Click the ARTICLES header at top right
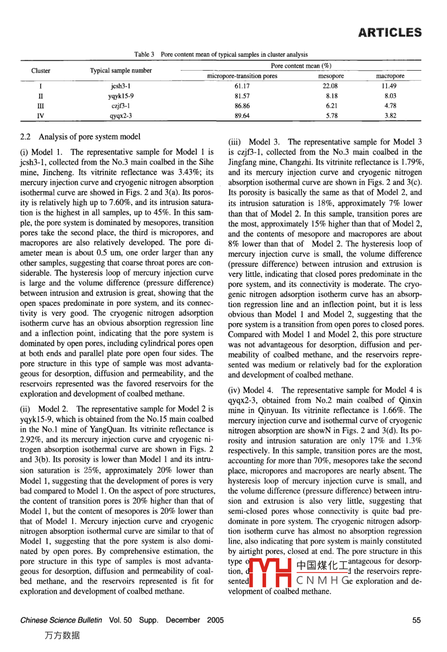(390, 33)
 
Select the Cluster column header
(41, 71)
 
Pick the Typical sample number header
(121, 71)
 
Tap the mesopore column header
(331, 76)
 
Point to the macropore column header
(390, 76)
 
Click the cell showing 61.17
(242, 86)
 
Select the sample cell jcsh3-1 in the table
(121, 86)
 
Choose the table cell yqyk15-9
(121, 96)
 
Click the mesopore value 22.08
(331, 86)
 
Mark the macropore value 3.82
(390, 116)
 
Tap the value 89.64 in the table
(242, 116)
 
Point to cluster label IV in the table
(41, 116)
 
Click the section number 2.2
(26, 136)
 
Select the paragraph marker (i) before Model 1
(24, 152)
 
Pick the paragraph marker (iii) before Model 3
(235, 142)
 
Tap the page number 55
(416, 620)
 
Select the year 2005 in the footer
(215, 620)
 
